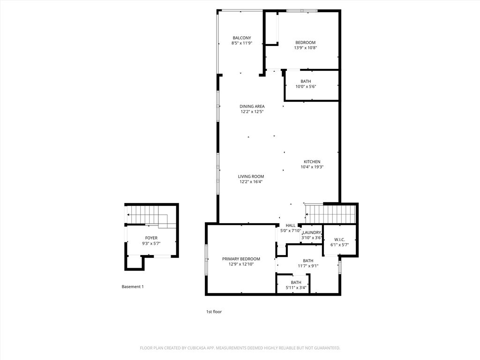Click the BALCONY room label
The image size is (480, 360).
(x=242, y=38)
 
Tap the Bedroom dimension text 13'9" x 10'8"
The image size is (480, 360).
(x=306, y=48)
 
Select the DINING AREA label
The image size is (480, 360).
(x=252, y=106)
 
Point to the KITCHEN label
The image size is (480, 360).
(x=312, y=162)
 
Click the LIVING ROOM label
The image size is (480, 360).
(x=251, y=176)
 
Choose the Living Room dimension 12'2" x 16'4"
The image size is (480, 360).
(x=251, y=181)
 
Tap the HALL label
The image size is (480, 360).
(x=291, y=225)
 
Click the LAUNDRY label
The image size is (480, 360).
(x=312, y=232)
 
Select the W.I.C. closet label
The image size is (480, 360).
(x=339, y=240)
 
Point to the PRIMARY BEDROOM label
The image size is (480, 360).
(x=241, y=259)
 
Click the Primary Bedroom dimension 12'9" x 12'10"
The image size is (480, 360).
(x=241, y=264)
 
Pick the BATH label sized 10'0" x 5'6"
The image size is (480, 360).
(x=306, y=82)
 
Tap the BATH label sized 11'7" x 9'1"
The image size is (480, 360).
(x=308, y=261)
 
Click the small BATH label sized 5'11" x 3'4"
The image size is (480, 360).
(x=296, y=283)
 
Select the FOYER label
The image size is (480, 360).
(x=151, y=238)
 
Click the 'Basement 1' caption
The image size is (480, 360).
(x=133, y=287)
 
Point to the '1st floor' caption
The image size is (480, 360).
(x=214, y=312)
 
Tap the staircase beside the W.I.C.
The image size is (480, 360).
(x=330, y=214)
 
